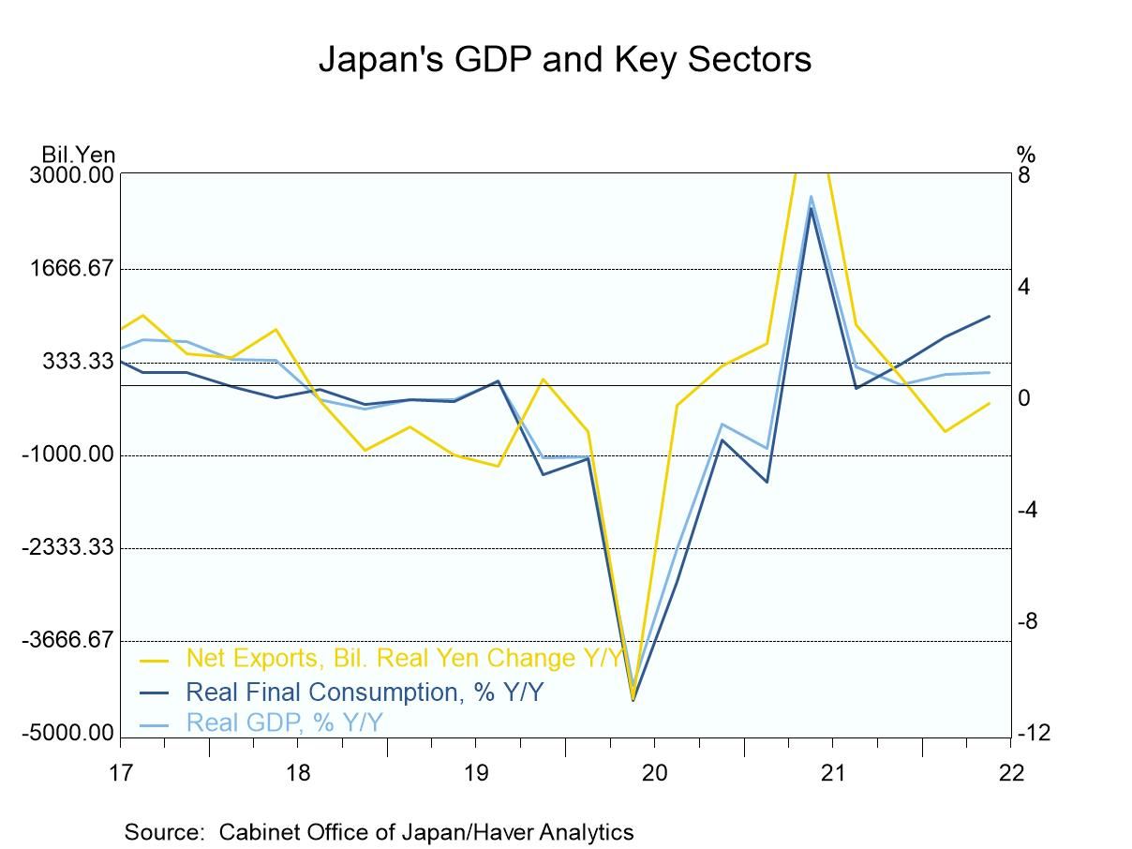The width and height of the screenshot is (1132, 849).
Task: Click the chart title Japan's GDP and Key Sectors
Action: point(565,59)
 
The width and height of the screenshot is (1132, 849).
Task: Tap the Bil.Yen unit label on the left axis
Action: point(78,155)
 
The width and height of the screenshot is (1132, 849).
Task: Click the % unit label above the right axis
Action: point(1025,155)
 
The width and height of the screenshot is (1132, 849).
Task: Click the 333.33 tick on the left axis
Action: point(80,362)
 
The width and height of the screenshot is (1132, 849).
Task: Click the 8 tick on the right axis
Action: point(1024,175)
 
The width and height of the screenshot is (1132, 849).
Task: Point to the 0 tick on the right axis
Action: point(1024,398)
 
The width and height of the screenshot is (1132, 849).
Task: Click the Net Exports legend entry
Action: point(403,659)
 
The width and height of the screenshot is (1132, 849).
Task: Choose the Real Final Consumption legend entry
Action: point(365,693)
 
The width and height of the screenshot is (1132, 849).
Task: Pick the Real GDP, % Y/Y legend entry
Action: point(285,722)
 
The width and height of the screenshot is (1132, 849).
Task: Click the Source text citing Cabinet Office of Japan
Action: point(379,831)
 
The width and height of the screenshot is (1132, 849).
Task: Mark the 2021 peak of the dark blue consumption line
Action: point(811,208)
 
